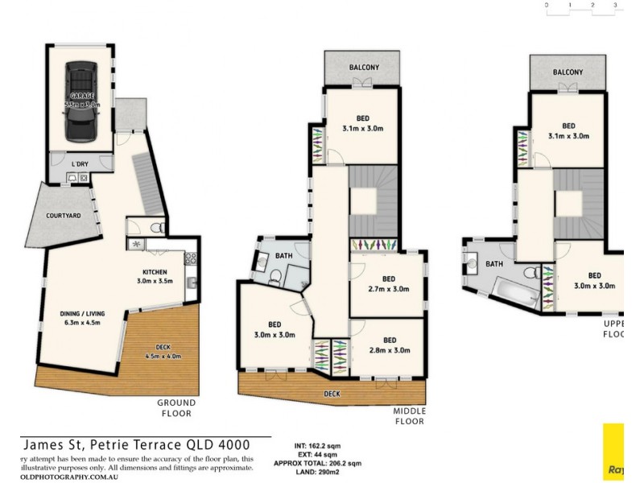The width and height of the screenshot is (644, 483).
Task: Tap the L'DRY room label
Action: [80, 164]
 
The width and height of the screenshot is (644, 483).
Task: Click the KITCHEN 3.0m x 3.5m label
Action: [155, 277]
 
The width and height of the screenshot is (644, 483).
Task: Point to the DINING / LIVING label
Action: [83, 319]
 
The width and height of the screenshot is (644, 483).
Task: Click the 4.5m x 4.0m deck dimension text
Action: [163, 355]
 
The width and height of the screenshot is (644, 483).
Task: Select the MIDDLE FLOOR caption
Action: [409, 415]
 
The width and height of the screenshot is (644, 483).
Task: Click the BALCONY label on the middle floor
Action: [364, 68]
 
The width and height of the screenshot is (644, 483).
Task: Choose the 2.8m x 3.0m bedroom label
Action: [389, 345]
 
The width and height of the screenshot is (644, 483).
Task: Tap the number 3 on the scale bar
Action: [615, 6]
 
